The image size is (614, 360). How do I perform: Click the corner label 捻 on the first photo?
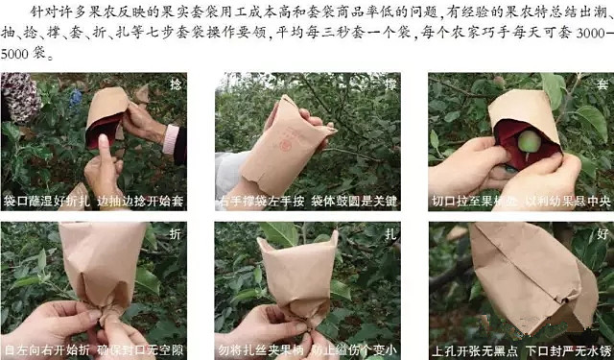pos(175,83)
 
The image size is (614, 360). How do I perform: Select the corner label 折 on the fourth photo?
pos(175,232)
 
